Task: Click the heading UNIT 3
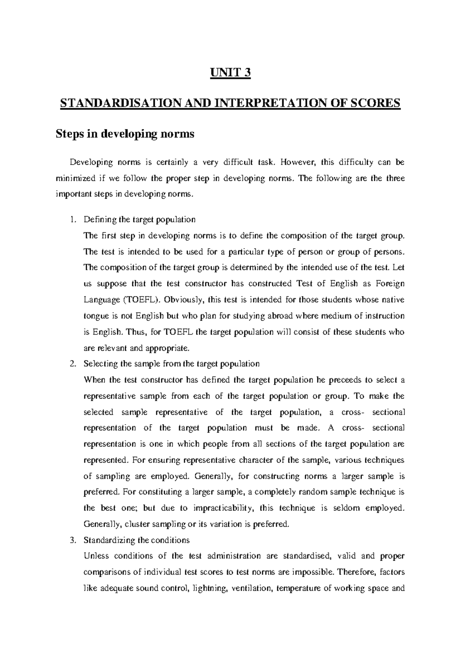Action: click(230, 73)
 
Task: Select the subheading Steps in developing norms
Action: click(125, 134)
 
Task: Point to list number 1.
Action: click(74, 220)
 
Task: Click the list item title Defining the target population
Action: click(139, 220)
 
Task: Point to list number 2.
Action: click(74, 364)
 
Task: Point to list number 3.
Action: click(74, 540)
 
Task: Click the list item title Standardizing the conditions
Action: click(136, 540)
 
